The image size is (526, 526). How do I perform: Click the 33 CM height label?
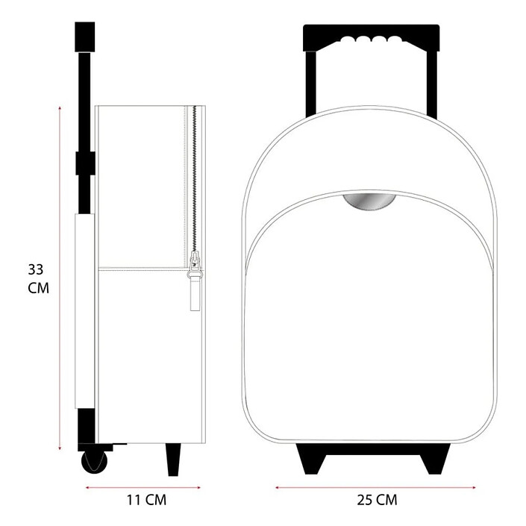pos(38,278)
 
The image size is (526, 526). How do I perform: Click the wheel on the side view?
pos(94,462)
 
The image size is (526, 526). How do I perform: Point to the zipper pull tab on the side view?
pos(195,291)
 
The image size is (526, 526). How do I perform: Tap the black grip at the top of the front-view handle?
pos(371,37)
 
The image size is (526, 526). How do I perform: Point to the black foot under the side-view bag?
pos(173,459)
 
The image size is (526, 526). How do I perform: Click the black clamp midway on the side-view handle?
pos(85,163)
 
